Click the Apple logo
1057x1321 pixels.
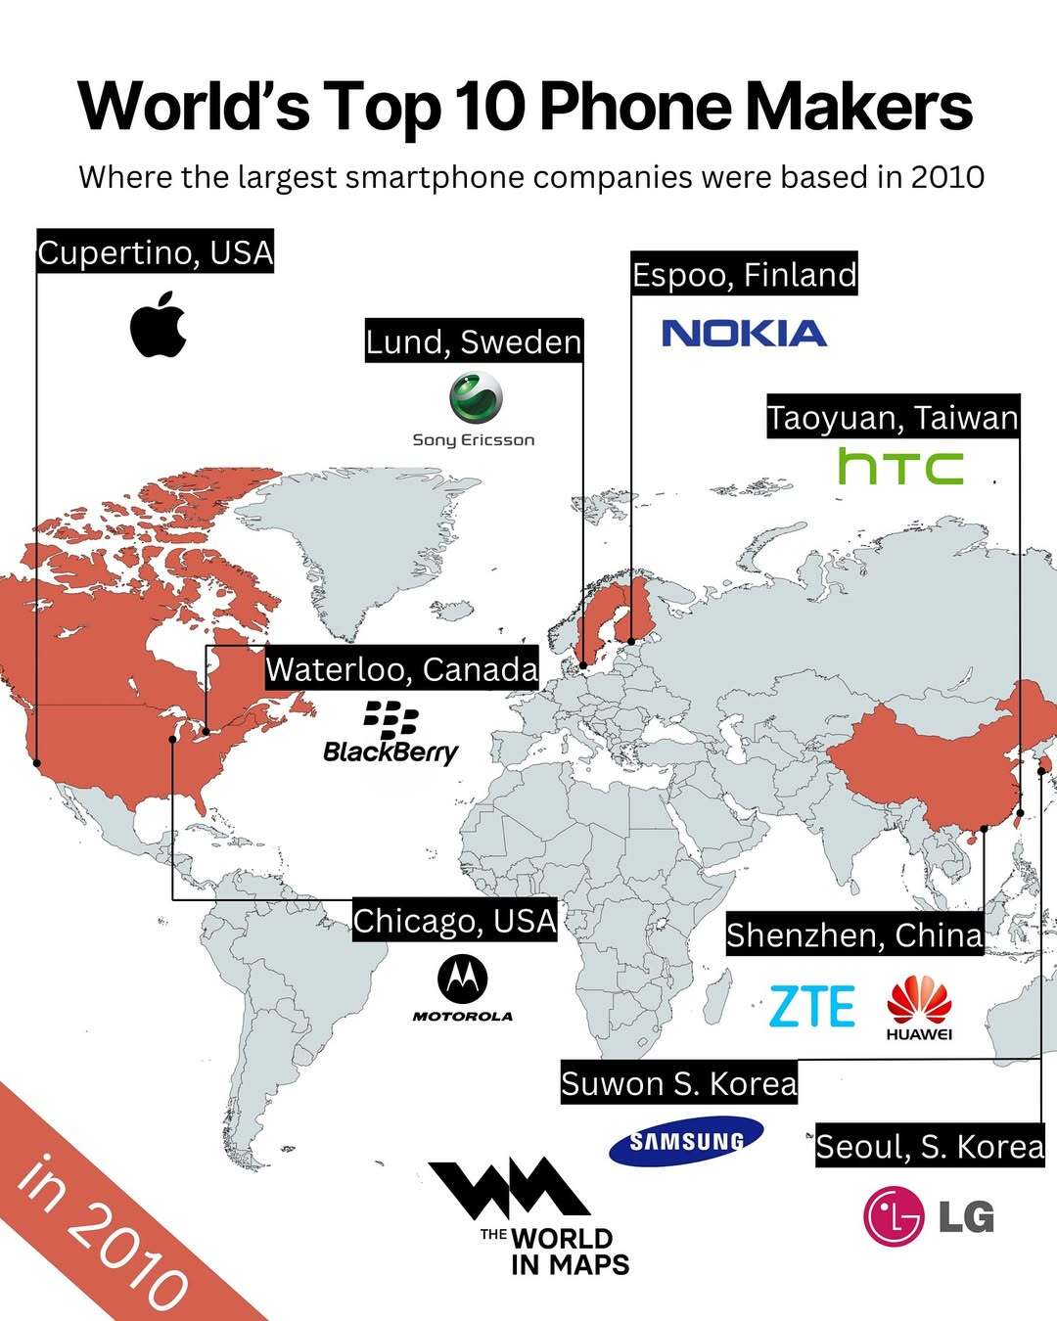(158, 324)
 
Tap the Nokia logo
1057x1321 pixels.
(744, 334)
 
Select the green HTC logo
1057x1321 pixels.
(900, 467)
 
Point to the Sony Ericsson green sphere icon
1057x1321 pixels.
(476, 398)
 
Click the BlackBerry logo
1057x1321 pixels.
(391, 733)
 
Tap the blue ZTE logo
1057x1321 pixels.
(811, 1007)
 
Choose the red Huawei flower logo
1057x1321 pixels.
(919, 1000)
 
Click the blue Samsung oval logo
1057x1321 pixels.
(686, 1141)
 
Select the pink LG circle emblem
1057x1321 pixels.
(893, 1216)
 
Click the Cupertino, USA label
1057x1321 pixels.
(156, 252)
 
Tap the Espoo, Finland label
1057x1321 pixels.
(744, 275)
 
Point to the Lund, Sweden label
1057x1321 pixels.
(474, 342)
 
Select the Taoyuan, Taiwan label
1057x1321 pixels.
(893, 418)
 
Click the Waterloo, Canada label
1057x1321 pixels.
(401, 669)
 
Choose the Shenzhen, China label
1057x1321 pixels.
(854, 935)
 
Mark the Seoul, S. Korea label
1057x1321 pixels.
(930, 1146)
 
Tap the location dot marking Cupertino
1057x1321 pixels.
(36, 761)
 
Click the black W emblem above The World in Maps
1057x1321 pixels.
(508, 1188)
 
